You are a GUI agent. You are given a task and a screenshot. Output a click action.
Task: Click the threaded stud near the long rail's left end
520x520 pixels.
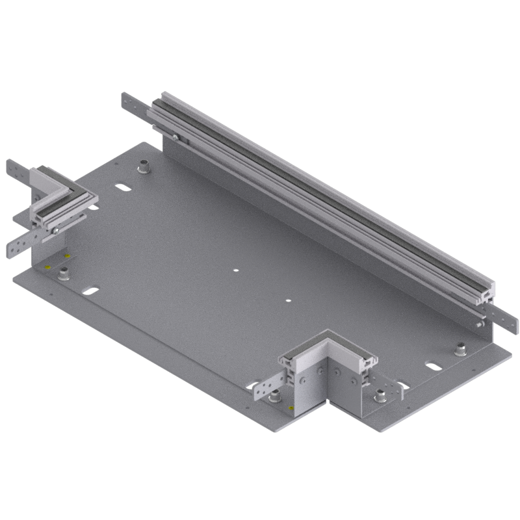tap(142, 167)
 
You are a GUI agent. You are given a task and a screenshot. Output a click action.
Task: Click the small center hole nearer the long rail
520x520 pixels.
tap(237, 269)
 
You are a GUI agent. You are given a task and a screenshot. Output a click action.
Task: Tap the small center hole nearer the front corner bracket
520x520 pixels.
tap(289, 301)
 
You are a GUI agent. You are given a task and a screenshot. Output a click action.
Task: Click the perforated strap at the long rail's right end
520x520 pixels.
tap(506, 318)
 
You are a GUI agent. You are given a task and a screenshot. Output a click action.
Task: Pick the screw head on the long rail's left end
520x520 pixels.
tap(175, 136)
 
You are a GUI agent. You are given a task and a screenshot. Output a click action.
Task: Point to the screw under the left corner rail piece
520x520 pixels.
tap(57, 228)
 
